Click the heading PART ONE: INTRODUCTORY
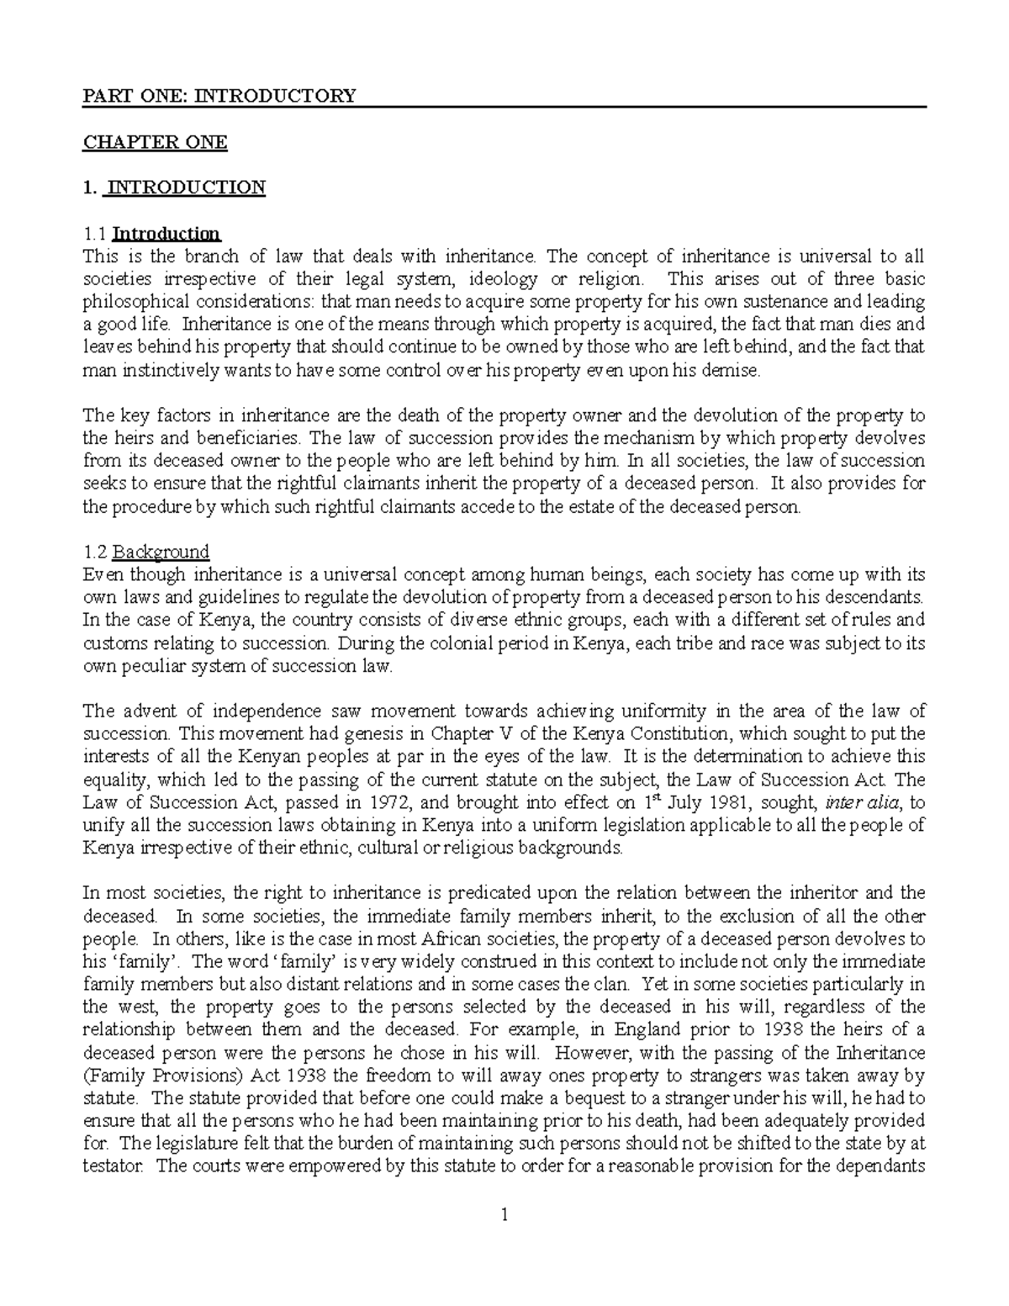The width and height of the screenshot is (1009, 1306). (219, 95)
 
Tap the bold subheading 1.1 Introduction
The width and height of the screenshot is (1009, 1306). (151, 233)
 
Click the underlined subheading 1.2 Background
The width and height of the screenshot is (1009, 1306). (145, 552)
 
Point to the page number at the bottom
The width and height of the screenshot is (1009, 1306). (504, 1214)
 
